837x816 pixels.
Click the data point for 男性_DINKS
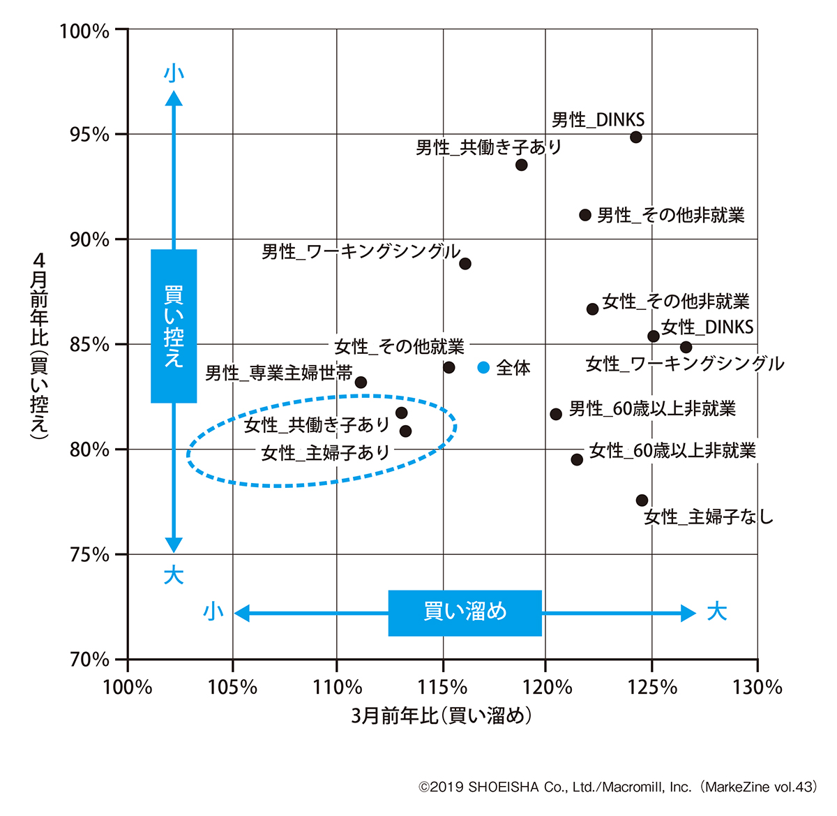(x=635, y=137)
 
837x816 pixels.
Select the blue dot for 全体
(x=483, y=367)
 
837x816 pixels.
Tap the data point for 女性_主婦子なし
(x=642, y=500)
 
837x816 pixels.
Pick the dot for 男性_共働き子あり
(x=521, y=165)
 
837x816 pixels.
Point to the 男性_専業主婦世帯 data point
(x=361, y=383)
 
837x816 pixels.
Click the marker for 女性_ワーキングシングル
(x=686, y=347)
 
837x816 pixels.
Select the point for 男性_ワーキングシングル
(x=465, y=264)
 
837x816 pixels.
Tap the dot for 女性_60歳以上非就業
(x=577, y=459)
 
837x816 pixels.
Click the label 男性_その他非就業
(x=671, y=215)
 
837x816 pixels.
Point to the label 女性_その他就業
(x=399, y=346)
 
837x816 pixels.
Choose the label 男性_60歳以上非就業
(x=652, y=408)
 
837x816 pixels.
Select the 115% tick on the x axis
(x=442, y=688)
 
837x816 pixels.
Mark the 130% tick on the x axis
(x=757, y=688)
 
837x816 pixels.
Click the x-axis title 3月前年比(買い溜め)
(x=442, y=715)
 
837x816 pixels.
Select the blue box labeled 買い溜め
(x=465, y=613)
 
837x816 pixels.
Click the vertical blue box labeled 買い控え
(x=174, y=326)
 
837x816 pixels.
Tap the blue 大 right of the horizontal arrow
(x=716, y=612)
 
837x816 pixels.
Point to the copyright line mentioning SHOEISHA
(x=617, y=787)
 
